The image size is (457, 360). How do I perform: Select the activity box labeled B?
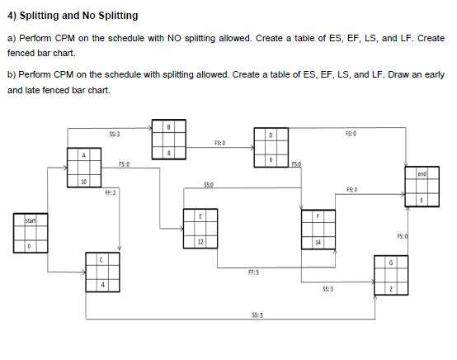(x=168, y=140)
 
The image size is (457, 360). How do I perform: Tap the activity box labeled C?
(x=102, y=272)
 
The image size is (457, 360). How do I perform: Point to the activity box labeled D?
(x=271, y=145)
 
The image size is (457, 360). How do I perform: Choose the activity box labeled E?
(x=201, y=227)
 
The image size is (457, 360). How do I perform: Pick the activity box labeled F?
(x=318, y=228)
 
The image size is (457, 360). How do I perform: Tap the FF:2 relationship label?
(x=110, y=192)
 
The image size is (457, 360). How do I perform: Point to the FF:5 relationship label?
(x=255, y=271)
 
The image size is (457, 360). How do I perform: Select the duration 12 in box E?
(x=201, y=241)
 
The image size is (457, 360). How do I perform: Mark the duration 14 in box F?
(x=318, y=243)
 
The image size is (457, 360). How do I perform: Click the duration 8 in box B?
(x=168, y=154)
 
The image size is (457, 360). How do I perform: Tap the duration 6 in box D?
(x=271, y=159)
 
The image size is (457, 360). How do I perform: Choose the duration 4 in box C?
(x=102, y=286)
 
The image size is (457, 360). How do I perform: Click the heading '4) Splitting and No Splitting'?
(x=73, y=16)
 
